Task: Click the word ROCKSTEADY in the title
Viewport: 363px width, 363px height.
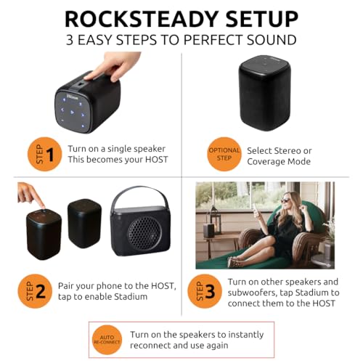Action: (142, 19)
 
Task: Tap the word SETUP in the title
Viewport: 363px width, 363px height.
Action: (262, 19)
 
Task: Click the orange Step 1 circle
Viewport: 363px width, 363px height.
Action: (45, 154)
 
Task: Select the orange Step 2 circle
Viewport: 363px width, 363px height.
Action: (35, 291)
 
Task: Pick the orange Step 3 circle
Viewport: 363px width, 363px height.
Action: (205, 291)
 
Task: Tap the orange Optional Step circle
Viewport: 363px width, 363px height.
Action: (224, 154)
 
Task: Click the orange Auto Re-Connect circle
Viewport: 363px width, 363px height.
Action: (107, 340)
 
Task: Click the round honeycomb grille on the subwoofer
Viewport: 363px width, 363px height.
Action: (144, 233)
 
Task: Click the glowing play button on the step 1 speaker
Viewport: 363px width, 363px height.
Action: (73, 112)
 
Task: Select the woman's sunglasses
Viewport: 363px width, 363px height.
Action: (285, 200)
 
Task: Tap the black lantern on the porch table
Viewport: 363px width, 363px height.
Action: (215, 221)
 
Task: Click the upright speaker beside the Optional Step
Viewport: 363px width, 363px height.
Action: (264, 93)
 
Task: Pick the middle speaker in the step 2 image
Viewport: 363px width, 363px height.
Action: (84, 223)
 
